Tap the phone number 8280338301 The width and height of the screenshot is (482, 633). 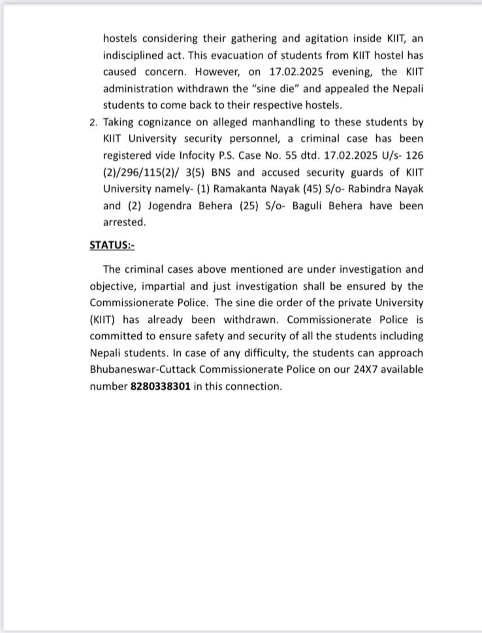(x=160, y=386)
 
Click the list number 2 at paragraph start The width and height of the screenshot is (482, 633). (x=93, y=122)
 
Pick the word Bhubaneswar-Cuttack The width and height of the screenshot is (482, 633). (x=144, y=369)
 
